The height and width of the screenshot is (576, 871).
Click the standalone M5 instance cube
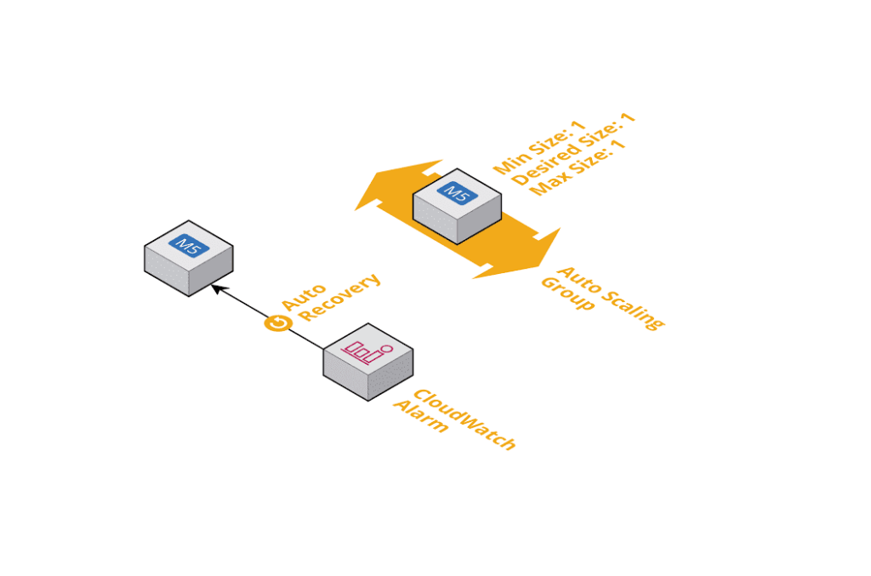pos(188,259)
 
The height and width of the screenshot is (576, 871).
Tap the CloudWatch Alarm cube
pos(367,362)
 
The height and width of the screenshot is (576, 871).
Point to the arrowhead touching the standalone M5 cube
pos(216,289)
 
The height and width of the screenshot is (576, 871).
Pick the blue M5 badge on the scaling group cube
pos(457,193)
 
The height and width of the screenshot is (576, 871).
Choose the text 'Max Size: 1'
pos(578,168)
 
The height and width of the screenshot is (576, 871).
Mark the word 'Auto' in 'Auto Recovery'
pos(299,293)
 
